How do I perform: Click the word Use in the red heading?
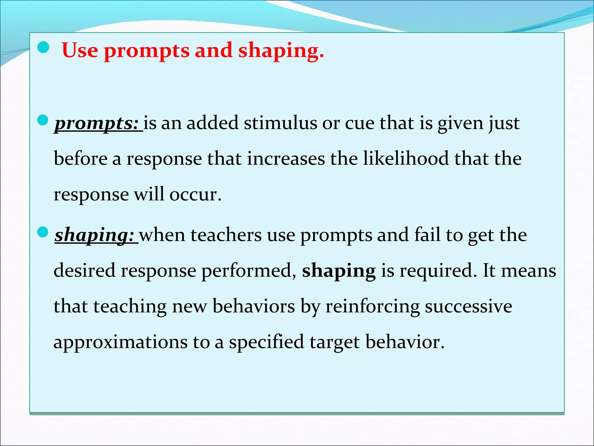coord(80,51)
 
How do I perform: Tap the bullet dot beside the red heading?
coord(44,47)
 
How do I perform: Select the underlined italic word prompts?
coord(97,123)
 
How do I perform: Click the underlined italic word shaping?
coord(95,235)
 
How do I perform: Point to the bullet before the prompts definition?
coord(43,120)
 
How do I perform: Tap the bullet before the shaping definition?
coord(43,232)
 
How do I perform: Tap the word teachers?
coord(226,235)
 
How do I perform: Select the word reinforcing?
coord(372,307)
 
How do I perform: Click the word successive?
coord(468,307)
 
